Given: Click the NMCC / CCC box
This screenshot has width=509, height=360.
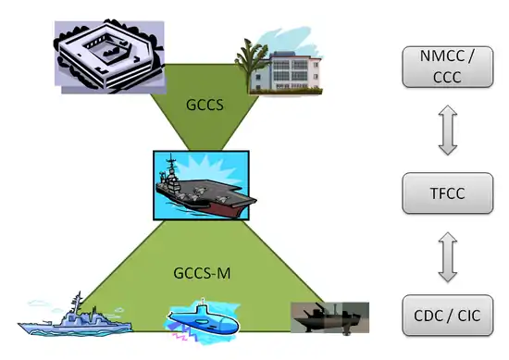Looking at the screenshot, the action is pos(448,67).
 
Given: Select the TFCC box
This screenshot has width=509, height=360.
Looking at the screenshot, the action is pos(448,193).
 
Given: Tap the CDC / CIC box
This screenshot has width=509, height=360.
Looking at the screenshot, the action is pos(448,316).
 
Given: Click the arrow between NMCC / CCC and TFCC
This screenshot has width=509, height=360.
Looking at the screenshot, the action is pos(448,130).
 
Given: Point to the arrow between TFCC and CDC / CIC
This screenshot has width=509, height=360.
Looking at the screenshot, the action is pos(448,256).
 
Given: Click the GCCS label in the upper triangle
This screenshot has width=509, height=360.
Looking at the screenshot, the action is pos(205,105).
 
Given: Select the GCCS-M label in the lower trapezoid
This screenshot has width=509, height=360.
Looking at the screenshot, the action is pos(202,273).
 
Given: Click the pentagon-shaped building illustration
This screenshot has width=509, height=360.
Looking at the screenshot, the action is pos(109,56).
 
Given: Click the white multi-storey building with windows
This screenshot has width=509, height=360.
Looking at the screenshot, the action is pos(292,73).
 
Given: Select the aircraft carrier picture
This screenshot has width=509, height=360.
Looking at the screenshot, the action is pos(201,186).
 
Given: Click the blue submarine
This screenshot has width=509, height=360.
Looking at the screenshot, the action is pos(204,321).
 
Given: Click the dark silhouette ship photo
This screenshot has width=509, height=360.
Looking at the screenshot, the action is pos(329,317).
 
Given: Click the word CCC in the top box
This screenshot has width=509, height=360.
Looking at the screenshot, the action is pos(447,77).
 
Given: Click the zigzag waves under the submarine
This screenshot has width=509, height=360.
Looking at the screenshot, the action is pos(185,334).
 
